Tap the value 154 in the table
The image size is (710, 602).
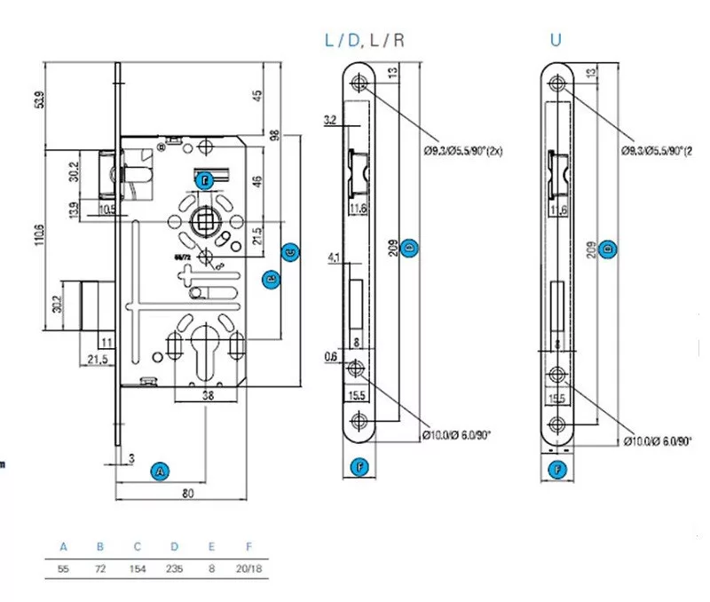(x=137, y=566)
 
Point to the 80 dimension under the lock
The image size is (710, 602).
(x=187, y=495)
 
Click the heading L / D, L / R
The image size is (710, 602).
(x=367, y=40)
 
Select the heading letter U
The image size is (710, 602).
(x=556, y=40)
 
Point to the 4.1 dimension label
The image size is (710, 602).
(x=334, y=259)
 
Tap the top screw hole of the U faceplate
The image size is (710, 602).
(x=556, y=84)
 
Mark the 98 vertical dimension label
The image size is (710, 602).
(x=275, y=136)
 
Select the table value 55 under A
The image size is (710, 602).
(x=63, y=566)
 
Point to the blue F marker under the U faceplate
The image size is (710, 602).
(x=557, y=468)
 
